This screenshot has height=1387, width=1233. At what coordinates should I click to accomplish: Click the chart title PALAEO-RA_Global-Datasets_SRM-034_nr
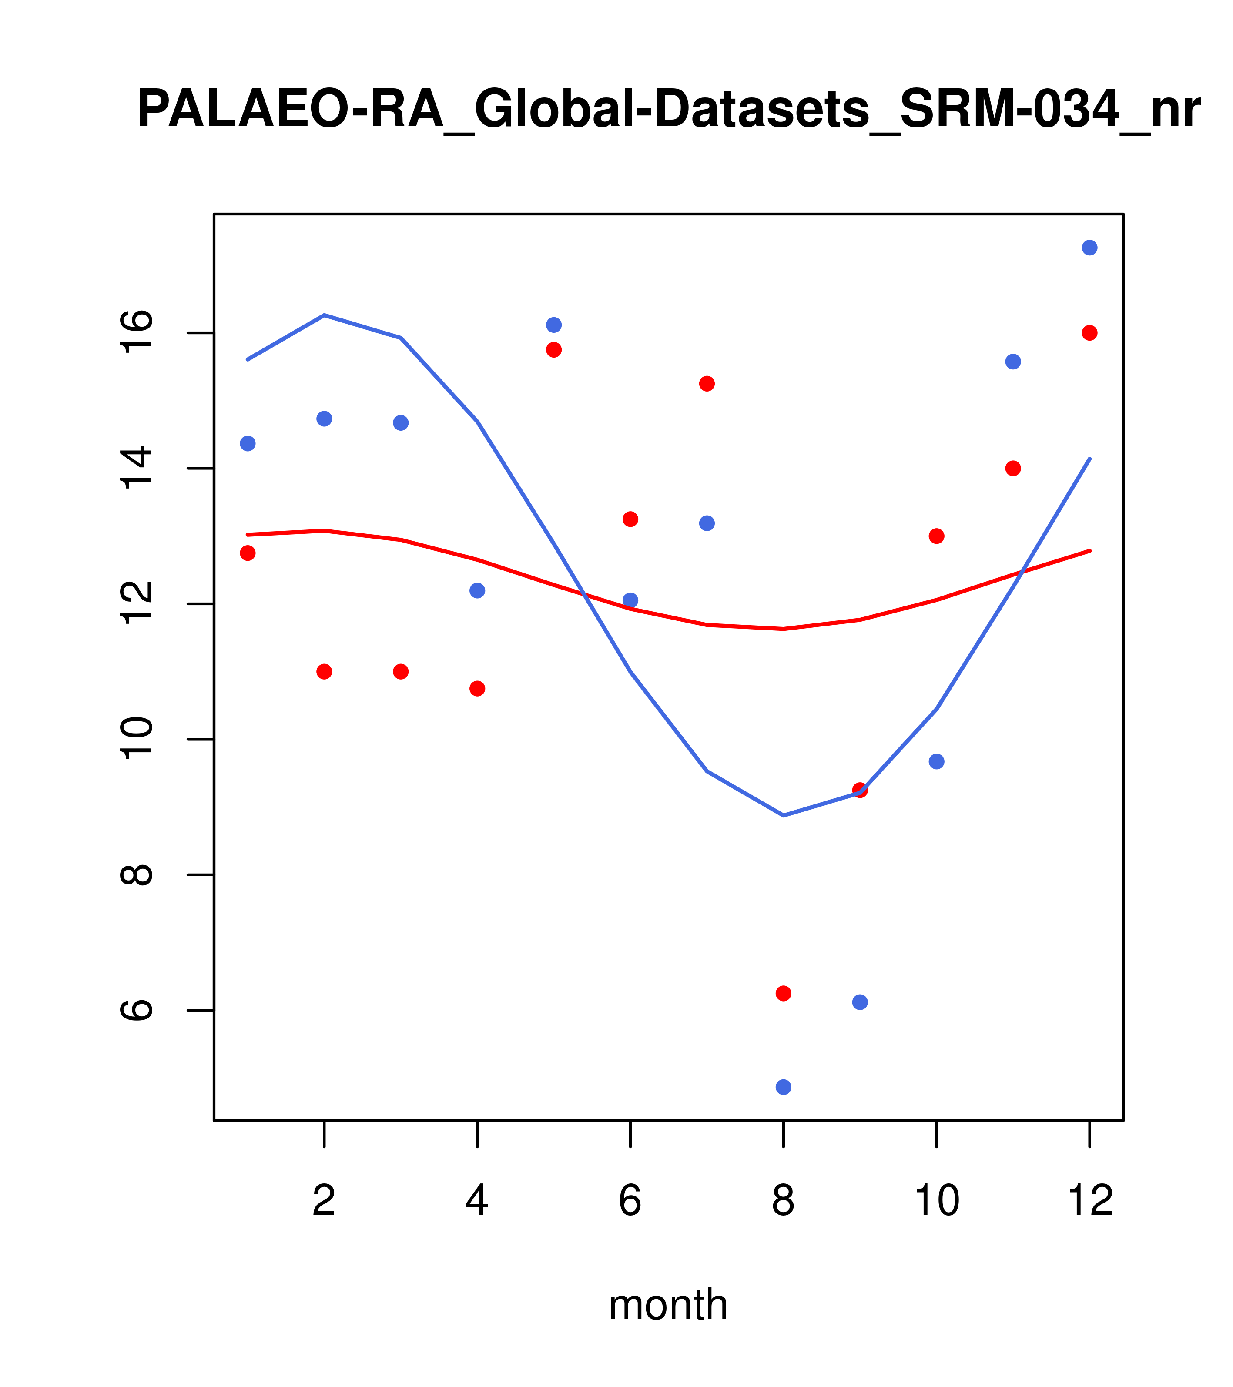[668, 110]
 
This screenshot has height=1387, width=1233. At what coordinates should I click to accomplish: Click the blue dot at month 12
[1090, 248]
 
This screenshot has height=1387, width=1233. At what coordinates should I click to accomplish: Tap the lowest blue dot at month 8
[783, 1087]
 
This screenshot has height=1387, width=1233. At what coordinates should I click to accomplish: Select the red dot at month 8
[783, 993]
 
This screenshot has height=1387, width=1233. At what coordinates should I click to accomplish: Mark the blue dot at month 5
[554, 325]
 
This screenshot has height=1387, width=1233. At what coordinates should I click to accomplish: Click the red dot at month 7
[707, 384]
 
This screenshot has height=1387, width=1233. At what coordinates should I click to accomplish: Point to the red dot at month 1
[248, 553]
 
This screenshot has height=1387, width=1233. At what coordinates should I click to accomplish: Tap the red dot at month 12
[1090, 332]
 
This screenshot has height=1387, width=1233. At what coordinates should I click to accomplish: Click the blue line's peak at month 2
[325, 315]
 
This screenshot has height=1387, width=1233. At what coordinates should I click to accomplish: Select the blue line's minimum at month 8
[783, 815]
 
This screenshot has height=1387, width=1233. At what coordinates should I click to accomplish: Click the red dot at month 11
[1013, 468]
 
